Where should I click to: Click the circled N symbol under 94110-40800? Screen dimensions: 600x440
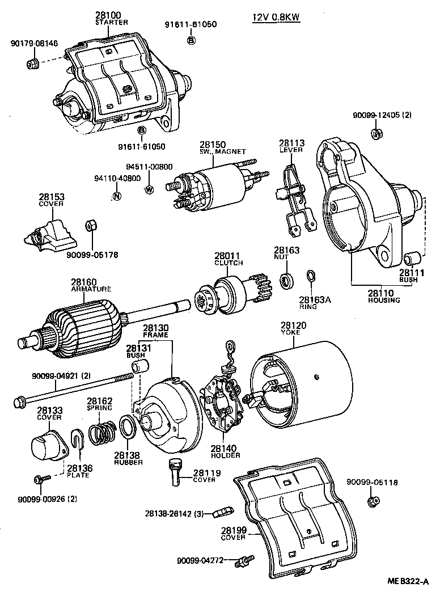[x=117, y=197]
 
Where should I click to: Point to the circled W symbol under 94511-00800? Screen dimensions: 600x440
[x=149, y=190]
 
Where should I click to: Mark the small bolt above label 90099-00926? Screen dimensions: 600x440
[x=40, y=479]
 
